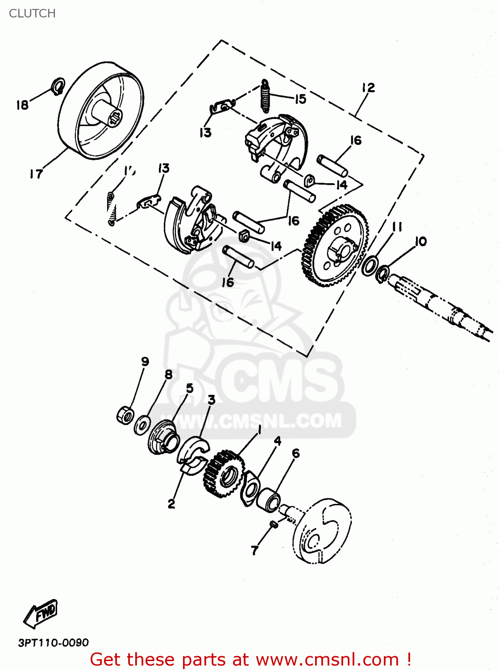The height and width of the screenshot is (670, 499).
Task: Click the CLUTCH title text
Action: point(32,13)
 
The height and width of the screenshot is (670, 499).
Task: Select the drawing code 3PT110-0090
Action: point(54,642)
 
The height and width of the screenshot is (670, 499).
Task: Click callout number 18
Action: point(22,105)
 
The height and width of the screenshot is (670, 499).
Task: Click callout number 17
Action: point(37,174)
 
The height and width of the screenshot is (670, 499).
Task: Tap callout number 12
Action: point(368,88)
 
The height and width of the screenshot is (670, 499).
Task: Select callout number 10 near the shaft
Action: point(420,242)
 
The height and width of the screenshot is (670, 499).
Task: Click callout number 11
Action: point(397,227)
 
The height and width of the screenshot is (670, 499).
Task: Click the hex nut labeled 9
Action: point(125,415)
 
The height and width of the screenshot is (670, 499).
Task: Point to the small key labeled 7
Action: point(274,524)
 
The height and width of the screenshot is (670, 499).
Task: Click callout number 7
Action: point(255,550)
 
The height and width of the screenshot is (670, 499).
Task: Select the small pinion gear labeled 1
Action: point(224,474)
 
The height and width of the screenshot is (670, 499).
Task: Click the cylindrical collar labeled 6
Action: point(270,500)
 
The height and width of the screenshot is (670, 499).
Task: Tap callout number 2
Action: point(171,504)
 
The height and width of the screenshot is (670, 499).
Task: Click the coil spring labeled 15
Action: point(266,96)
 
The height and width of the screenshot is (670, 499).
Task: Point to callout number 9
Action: point(145,361)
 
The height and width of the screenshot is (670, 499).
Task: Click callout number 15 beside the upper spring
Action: point(301,99)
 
